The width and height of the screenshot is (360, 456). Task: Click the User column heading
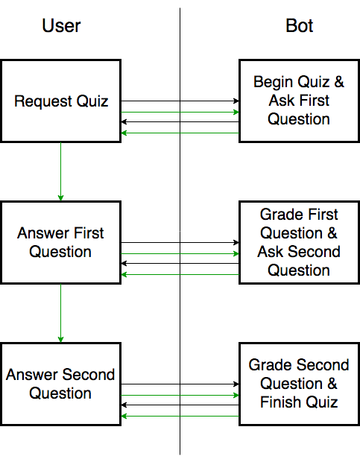coord(61,25)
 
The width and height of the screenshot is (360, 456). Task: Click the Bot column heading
coord(299,25)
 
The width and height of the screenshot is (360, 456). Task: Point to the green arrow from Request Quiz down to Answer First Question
coord(60,171)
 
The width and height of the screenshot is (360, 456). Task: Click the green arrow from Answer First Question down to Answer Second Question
coord(60,313)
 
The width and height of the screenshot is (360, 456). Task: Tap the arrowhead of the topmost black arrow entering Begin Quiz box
coord(236,101)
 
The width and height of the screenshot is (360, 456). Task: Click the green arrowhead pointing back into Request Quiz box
coord(124,133)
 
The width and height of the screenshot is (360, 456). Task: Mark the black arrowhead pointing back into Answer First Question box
coord(124,263)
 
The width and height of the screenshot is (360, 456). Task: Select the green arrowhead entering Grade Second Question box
coord(236,395)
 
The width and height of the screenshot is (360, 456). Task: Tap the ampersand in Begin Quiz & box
coord(338,82)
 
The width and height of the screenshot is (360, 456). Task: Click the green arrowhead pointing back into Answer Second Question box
coord(124,417)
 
